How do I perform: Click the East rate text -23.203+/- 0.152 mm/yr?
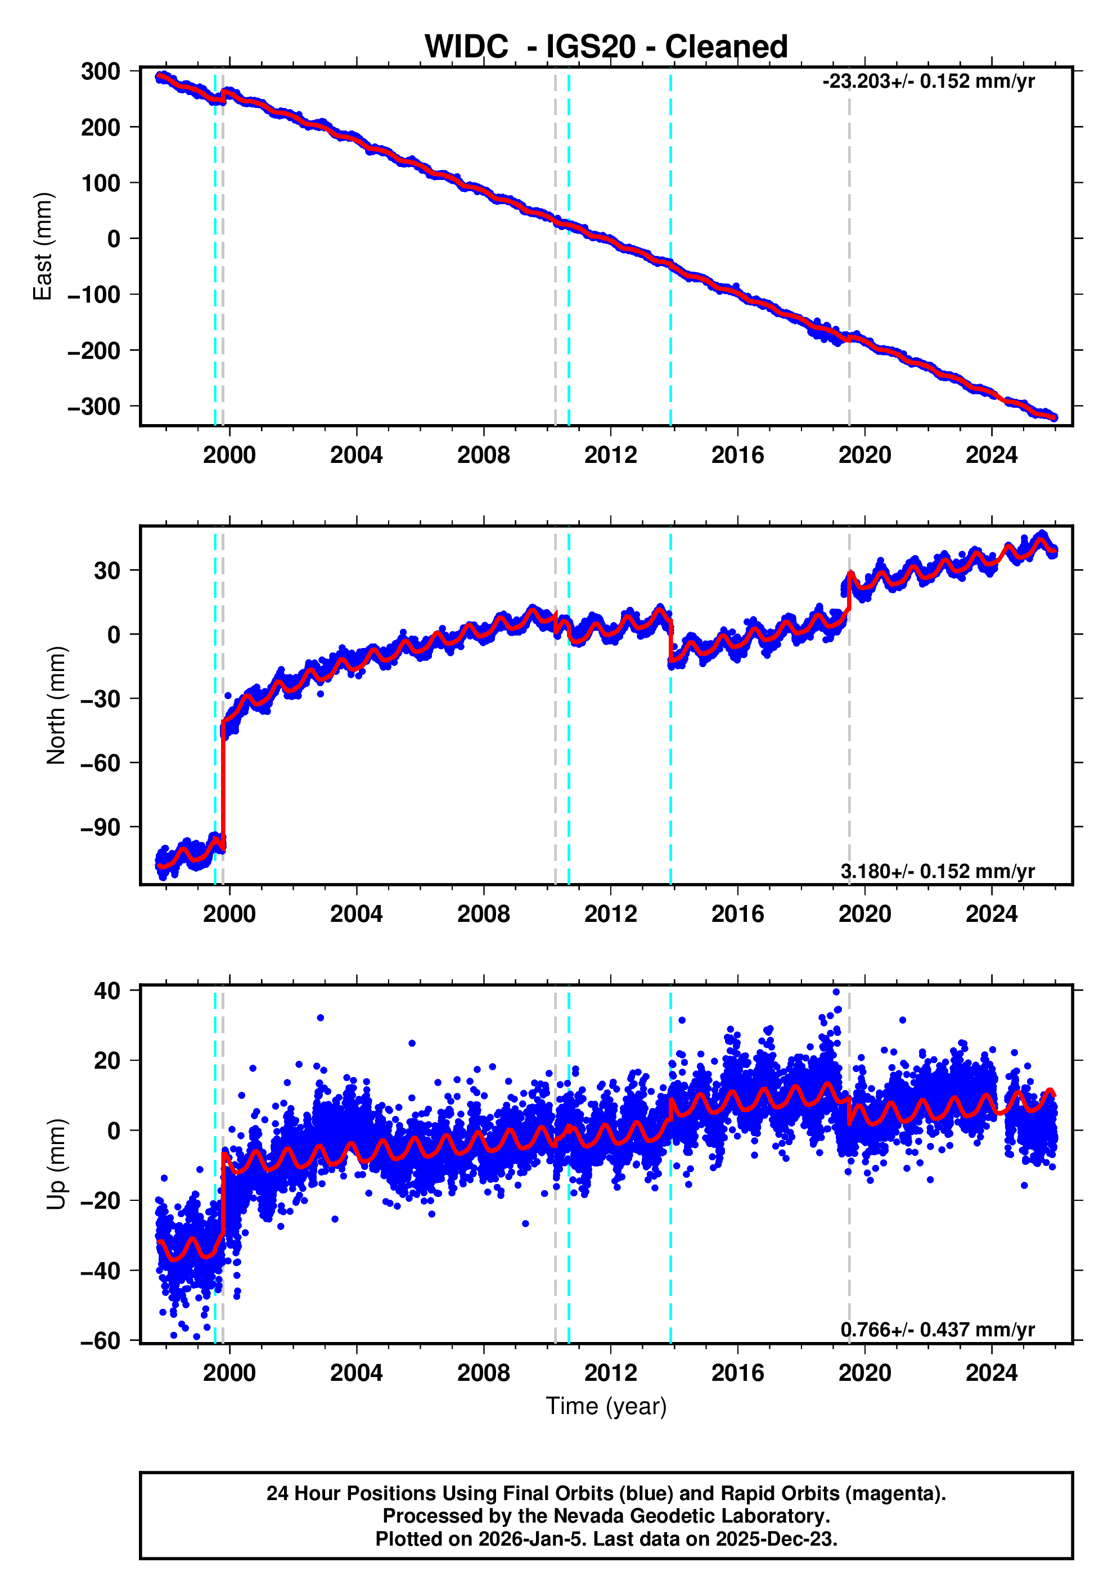point(928,81)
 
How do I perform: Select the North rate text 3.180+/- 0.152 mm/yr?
point(937,871)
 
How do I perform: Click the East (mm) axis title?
point(43,246)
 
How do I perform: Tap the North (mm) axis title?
point(56,705)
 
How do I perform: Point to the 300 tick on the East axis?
point(101,71)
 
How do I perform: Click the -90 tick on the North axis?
point(101,827)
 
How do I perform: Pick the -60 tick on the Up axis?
point(101,1340)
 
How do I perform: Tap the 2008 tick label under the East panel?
point(483,456)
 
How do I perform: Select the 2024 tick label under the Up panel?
point(992,1372)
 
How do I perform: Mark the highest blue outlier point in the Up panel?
point(836,992)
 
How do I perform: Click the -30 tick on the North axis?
point(101,699)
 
